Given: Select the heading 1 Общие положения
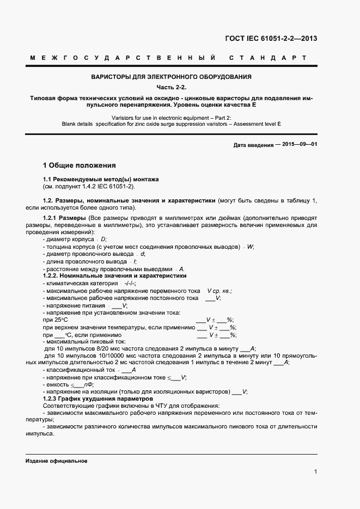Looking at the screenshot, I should [79, 165].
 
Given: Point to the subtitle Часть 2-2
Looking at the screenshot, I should [171, 87].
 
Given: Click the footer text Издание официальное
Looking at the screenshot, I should [56, 461].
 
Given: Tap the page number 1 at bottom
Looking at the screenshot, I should [316, 471].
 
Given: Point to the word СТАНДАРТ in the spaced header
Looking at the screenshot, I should [267, 58].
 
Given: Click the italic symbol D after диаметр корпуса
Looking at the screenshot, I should [104, 240].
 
